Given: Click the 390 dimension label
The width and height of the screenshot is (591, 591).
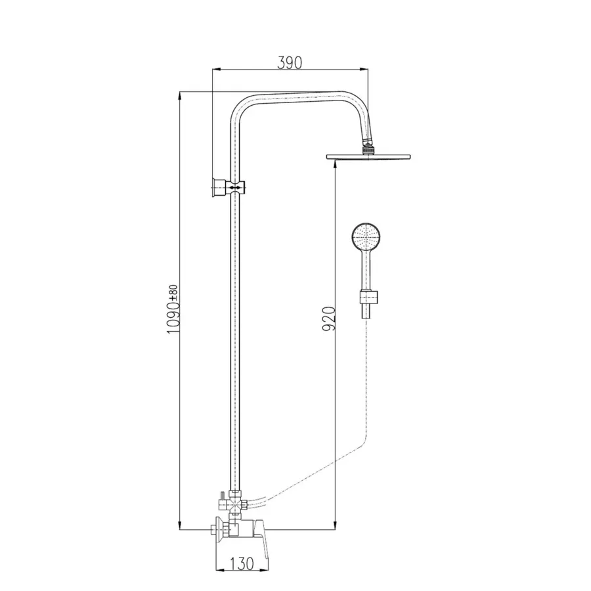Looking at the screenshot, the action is (290, 62).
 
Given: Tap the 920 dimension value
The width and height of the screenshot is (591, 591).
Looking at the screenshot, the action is (329, 319).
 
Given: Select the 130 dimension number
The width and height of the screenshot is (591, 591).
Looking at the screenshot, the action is (242, 564).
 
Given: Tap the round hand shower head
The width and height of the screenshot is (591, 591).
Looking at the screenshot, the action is (366, 237).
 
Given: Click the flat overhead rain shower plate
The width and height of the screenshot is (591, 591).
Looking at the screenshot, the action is (368, 157).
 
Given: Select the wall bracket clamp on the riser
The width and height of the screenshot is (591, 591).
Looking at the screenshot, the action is (229, 186).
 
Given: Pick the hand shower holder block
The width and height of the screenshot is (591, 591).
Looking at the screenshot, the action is (368, 297).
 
